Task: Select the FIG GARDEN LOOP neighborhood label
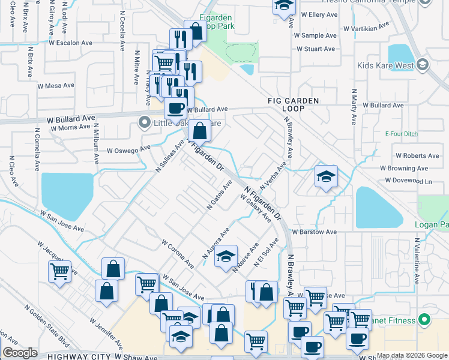293,104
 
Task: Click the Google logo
20,353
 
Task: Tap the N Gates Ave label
219,194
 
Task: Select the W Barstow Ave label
315,232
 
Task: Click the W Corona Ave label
178,254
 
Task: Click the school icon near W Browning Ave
326,176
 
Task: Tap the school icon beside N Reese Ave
226,256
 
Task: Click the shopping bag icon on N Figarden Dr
199,130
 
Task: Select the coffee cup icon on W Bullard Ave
175,108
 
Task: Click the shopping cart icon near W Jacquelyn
60,272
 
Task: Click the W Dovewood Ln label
409,180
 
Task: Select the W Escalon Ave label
71,43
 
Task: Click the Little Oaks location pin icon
144,122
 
